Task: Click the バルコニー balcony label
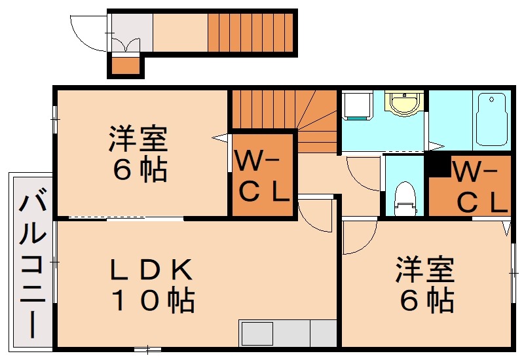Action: pos(30,264)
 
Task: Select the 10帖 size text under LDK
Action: pos(152,300)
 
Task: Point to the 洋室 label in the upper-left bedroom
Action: pos(138,139)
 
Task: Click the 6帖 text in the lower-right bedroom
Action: pos(426,300)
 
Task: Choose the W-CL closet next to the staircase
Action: pos(262,175)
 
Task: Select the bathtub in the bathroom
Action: pos(491,120)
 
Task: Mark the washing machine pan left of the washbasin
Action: pos(358,106)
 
